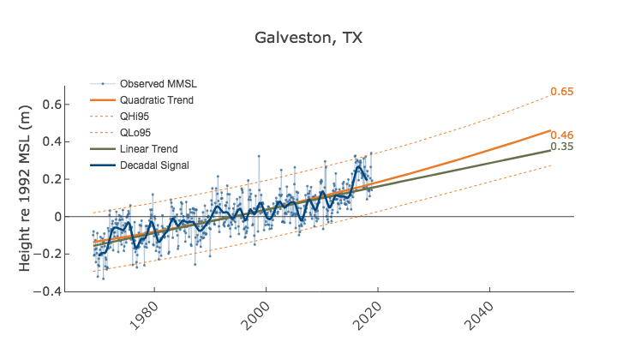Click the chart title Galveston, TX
coord(308,39)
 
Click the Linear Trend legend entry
coord(147,149)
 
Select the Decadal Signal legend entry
coord(154,165)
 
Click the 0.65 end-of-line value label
coord(561,92)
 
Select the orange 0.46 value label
coord(561,135)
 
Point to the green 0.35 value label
coord(561,147)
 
